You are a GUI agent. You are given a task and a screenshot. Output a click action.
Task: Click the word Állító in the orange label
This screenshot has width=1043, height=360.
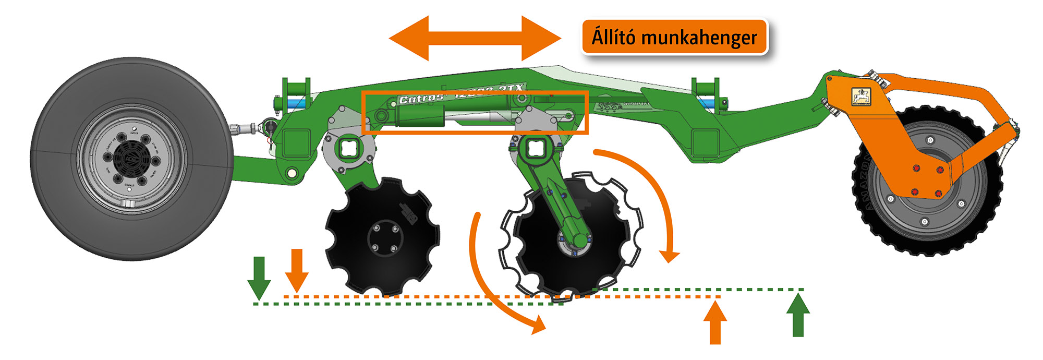point(613,38)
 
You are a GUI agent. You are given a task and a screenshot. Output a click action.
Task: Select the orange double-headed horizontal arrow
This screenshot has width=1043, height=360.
point(475,38)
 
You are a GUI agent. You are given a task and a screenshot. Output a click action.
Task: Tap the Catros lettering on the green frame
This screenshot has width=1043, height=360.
point(420,99)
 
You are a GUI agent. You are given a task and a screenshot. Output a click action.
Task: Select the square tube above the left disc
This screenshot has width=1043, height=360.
point(348,149)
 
